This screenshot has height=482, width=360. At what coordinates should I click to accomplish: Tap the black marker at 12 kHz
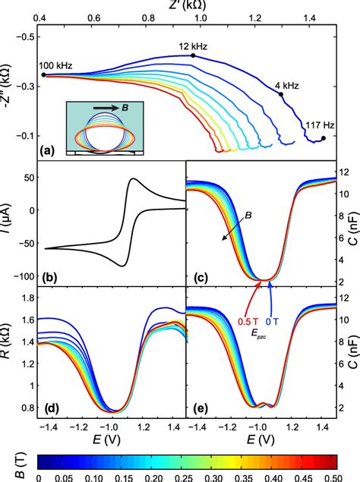click(194, 55)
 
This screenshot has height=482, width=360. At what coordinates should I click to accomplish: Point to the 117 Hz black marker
click(324, 138)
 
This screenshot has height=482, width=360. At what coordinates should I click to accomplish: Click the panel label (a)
click(50, 151)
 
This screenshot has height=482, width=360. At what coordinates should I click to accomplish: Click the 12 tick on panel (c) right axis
click(346, 172)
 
